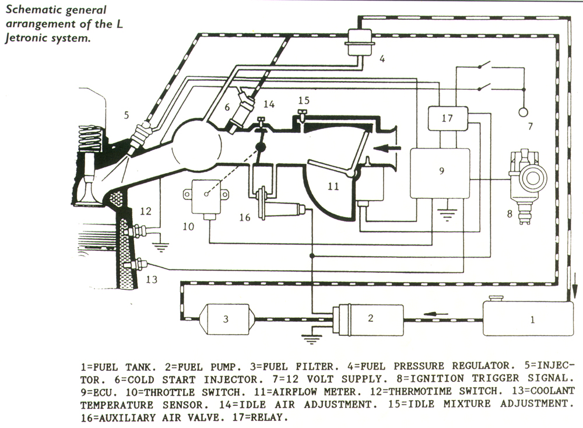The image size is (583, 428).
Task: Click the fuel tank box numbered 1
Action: tap(528, 319)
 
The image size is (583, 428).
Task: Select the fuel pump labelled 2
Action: tap(367, 319)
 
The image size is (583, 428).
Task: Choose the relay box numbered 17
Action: tap(447, 118)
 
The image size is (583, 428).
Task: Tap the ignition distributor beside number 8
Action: tap(527, 178)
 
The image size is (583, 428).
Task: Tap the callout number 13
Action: tap(152, 279)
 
